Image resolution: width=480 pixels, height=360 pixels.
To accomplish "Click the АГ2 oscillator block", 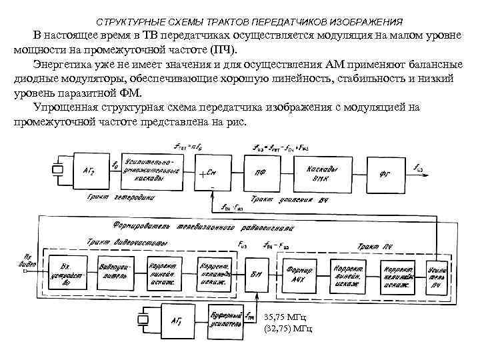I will tap(89, 171).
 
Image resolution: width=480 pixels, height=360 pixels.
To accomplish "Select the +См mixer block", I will tap(212, 172).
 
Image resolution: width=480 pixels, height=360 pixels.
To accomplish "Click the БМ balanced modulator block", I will tap(255, 275).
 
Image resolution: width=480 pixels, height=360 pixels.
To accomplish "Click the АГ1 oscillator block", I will tap(177, 322).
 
